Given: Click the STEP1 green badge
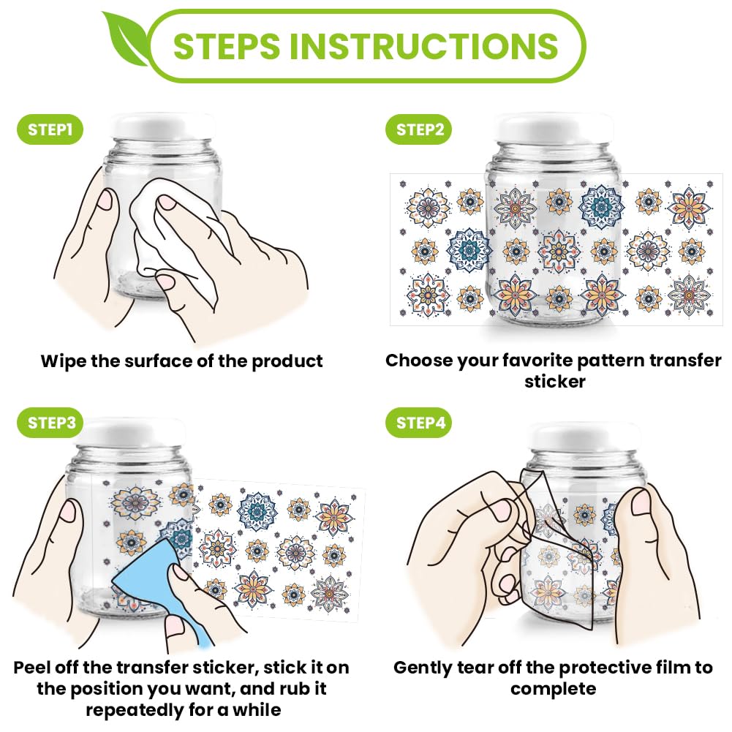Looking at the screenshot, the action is pyautogui.click(x=50, y=129).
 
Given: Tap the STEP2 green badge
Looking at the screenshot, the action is pyautogui.click(x=419, y=129).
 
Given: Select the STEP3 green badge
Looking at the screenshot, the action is pyautogui.click(x=50, y=423).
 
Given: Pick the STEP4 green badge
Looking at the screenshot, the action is pyautogui.click(x=419, y=423).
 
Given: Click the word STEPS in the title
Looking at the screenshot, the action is pyautogui.click(x=226, y=46).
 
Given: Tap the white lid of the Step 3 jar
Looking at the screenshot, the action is pyautogui.click(x=133, y=432).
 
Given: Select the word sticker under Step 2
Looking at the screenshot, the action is pyautogui.click(x=554, y=382).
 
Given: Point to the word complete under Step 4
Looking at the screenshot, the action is pyautogui.click(x=553, y=689).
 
